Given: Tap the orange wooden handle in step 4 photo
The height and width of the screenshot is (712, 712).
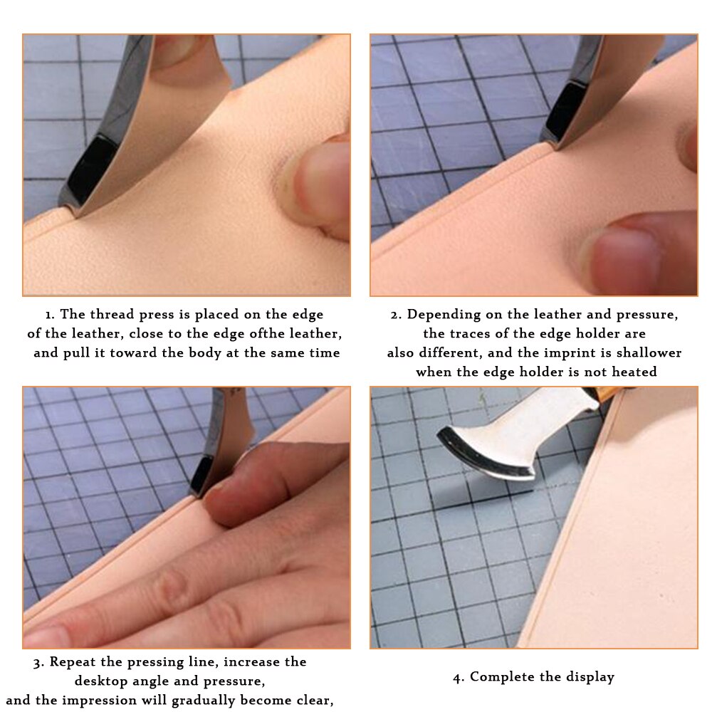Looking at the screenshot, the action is [606, 394].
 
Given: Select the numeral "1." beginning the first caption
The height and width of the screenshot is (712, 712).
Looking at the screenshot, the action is [50, 315].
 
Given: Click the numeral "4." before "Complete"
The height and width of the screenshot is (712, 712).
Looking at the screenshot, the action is [459, 678].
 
